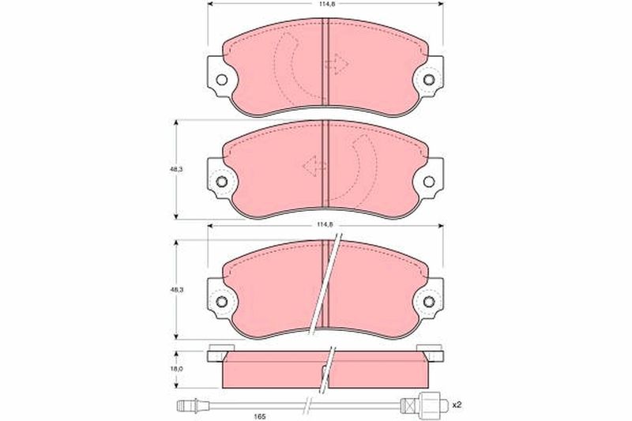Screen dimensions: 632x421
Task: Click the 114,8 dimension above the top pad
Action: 325,3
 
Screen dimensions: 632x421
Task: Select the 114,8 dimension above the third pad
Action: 325,225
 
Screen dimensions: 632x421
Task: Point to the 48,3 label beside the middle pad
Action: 176,170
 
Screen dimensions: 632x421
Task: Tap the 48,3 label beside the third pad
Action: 176,290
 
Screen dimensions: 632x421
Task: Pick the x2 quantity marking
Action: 457,404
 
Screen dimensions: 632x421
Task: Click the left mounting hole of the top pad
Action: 221,80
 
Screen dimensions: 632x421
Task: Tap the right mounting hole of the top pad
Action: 429,80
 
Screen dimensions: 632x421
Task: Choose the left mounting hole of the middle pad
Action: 221,182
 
